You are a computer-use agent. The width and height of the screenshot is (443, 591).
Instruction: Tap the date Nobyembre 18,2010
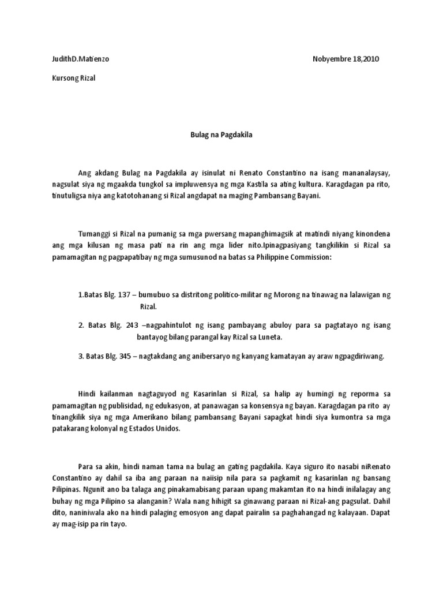346,59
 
